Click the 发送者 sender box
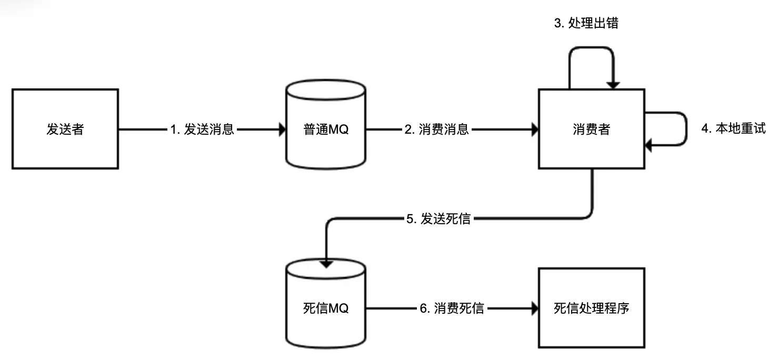pos(65,129)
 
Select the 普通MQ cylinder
pos(326,124)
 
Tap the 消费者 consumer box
pos(592,129)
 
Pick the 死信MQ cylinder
pos(326,303)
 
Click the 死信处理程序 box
pos(592,307)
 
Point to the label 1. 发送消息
pos(202,129)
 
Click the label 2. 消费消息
pos(436,129)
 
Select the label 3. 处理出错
pos(586,23)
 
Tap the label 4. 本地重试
pos(734,128)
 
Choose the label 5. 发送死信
pos(438,219)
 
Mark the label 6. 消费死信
pos(452,308)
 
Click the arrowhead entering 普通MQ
pos(282,129)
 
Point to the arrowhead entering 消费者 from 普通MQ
pos(535,129)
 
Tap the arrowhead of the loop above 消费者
pos(613,85)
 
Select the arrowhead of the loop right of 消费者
pos(648,145)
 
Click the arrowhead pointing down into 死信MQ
pos(326,264)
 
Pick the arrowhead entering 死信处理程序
pos(535,308)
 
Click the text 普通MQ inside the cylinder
pos(326,129)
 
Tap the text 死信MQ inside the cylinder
pos(326,308)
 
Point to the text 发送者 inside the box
pos(65,129)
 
